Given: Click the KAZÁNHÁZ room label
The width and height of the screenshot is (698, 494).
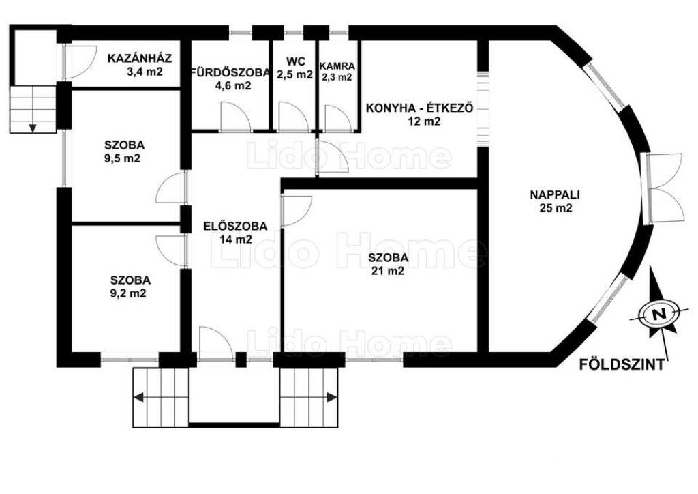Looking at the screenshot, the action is tap(140, 59).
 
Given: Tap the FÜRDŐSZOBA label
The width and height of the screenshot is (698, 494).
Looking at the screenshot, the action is tap(230, 72).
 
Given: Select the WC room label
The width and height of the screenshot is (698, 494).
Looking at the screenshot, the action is tap(296, 61).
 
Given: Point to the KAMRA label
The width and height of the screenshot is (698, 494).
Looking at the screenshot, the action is tap(337, 66).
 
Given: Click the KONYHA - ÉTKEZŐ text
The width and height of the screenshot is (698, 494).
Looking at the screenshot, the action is tap(419, 108).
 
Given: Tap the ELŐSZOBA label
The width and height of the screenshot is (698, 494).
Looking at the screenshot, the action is tap(235, 227).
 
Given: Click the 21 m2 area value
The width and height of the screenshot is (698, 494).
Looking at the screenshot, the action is tap(388, 270).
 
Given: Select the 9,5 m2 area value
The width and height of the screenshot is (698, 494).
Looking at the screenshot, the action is tap(123, 158).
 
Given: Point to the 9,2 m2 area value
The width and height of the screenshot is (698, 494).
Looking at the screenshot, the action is tap(128, 293).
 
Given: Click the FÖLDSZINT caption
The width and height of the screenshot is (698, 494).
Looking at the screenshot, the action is tap(622, 365).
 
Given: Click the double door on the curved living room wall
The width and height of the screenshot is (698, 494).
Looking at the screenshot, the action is tap(663, 187).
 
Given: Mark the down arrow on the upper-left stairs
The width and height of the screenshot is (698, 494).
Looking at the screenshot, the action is tap(33, 128).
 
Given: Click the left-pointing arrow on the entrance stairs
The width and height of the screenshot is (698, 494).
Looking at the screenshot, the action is tap(138, 397).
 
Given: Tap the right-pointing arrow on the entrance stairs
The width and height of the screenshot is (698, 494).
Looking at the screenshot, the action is tap(332, 397).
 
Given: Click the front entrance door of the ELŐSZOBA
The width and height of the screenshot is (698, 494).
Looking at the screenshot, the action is tap(215, 343).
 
